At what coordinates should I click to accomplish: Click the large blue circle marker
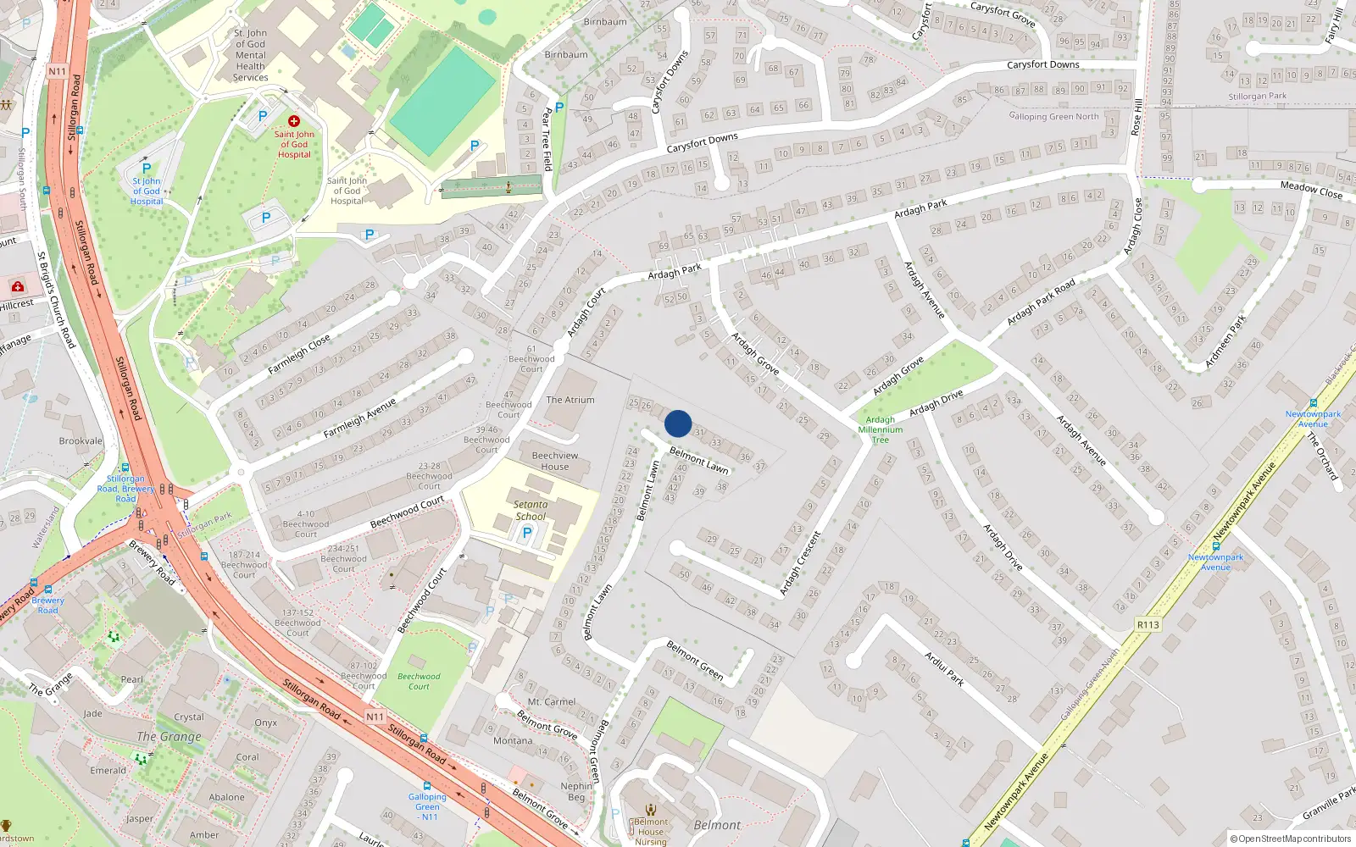678,423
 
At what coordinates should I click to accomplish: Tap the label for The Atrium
570,400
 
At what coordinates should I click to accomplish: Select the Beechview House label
555,461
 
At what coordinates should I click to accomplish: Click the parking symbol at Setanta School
527,533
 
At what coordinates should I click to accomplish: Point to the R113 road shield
1148,625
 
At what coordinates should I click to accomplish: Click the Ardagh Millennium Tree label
881,429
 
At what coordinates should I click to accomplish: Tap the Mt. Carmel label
552,701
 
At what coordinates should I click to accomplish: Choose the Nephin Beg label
576,791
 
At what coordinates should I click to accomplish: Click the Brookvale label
81,440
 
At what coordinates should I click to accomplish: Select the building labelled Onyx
266,722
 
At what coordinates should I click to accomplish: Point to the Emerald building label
108,770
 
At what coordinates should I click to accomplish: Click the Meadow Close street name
1311,190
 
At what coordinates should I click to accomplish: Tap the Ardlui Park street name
943,667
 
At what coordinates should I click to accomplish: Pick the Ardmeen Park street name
1225,341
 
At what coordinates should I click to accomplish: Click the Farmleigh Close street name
299,355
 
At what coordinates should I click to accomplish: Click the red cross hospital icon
294,121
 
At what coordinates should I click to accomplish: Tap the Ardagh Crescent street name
801,562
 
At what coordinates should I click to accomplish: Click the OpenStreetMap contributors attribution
1291,839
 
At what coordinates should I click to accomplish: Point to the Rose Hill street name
1137,117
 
